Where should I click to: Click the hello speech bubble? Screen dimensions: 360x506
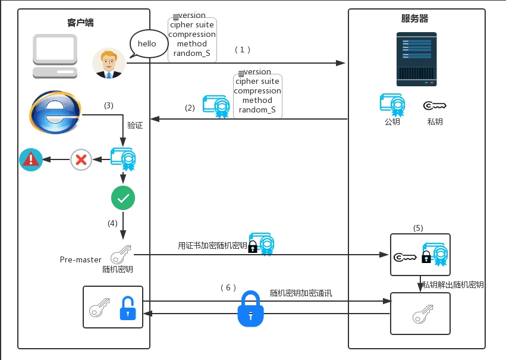tap(147, 44)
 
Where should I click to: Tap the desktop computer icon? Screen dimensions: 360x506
tap(55, 56)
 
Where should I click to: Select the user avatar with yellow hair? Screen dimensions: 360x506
tap(109, 63)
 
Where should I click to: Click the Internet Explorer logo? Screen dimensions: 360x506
tap(55, 113)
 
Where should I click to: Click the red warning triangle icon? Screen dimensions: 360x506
tap(30, 159)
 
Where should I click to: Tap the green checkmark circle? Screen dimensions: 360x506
tap(123, 199)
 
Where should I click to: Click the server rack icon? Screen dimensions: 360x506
tap(416, 59)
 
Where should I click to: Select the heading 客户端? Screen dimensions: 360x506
tap(80, 23)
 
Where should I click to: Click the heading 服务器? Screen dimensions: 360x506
tap(415, 18)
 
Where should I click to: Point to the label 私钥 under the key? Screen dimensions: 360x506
tap(435, 122)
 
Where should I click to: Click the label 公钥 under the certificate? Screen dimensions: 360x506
tap(392, 122)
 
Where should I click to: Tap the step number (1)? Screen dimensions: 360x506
tap(243, 50)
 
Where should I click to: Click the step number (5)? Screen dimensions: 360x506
tap(418, 228)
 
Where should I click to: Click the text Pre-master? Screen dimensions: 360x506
tap(80, 259)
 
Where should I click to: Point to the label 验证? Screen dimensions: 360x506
tap(135, 126)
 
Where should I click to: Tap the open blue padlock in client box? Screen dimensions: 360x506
tap(128, 308)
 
